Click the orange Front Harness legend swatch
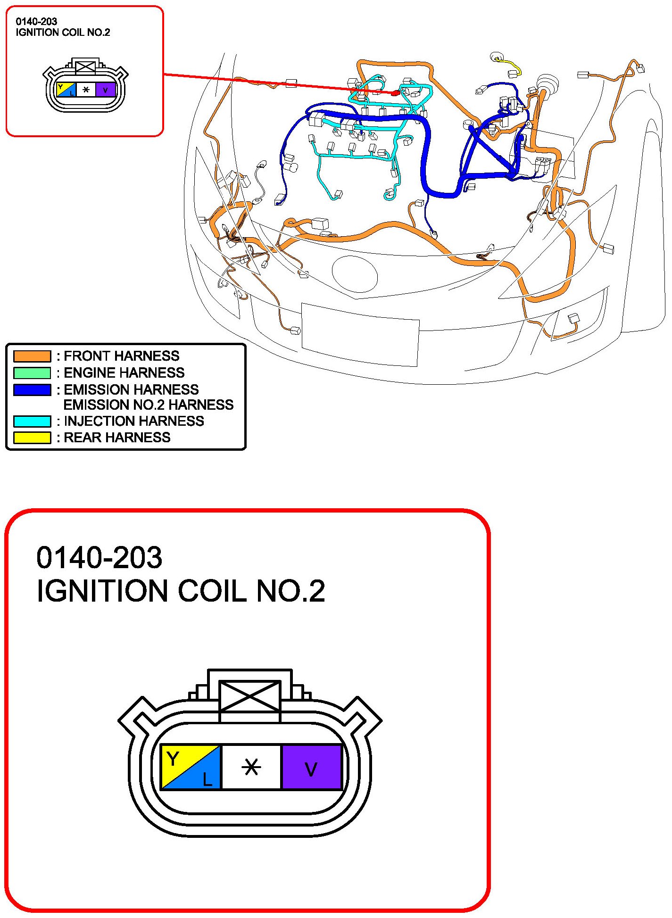click(32, 356)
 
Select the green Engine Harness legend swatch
click(32, 373)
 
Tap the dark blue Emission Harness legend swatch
click(32, 390)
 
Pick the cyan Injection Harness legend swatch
click(32, 421)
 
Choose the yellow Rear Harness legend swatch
click(32, 438)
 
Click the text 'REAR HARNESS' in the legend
click(117, 438)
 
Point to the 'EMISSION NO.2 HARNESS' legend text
click(148, 405)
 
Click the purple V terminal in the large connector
click(311, 767)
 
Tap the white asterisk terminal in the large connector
click(251, 767)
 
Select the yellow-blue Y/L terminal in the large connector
click(191, 767)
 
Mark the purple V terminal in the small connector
click(106, 90)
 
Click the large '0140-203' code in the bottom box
click(100, 558)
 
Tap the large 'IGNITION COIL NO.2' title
click(181, 591)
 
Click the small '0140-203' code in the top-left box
click(36, 22)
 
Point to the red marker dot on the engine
click(395, 93)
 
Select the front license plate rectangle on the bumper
click(360, 334)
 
